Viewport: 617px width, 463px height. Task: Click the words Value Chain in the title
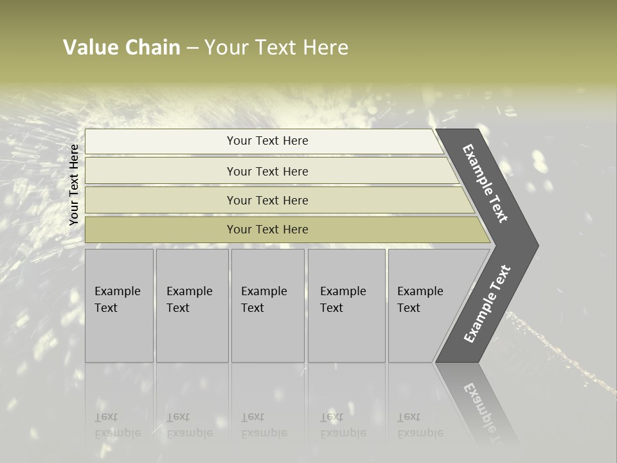[121, 48]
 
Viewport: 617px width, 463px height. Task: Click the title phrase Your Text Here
[276, 48]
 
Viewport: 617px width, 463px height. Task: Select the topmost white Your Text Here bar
[267, 141]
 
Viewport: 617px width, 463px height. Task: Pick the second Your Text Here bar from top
[267, 172]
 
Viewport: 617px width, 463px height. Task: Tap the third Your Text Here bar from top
[267, 201]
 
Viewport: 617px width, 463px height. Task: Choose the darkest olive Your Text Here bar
[267, 230]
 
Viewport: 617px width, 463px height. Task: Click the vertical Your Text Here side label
[74, 185]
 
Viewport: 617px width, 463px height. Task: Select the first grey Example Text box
[119, 305]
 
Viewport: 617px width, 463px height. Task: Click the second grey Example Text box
[192, 305]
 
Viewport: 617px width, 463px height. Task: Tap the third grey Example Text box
[267, 305]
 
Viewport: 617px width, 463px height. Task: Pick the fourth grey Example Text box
[346, 305]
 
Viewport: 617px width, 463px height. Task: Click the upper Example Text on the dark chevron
[486, 184]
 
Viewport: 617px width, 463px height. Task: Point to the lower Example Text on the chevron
[487, 304]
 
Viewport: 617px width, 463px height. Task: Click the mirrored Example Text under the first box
[117, 425]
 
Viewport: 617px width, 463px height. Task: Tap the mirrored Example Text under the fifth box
[420, 425]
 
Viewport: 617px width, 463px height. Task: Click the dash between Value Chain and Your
[192, 48]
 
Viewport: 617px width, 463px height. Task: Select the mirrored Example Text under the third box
[264, 425]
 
